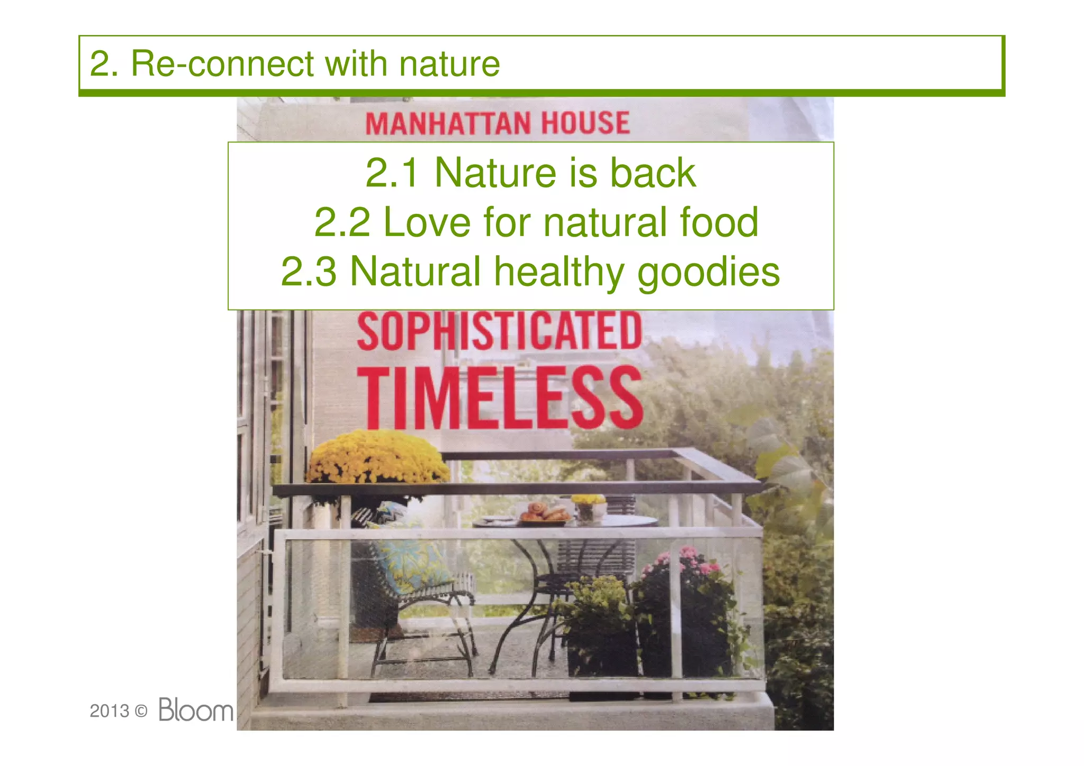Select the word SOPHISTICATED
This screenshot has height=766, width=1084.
click(499, 331)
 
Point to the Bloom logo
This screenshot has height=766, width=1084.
click(196, 709)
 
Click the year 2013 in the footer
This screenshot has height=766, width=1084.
click(109, 711)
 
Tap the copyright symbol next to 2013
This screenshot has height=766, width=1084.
click(141, 711)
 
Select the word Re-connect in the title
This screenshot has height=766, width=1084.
click(222, 64)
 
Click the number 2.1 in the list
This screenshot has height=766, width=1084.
click(392, 173)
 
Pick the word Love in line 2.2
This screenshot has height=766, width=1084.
click(427, 222)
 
